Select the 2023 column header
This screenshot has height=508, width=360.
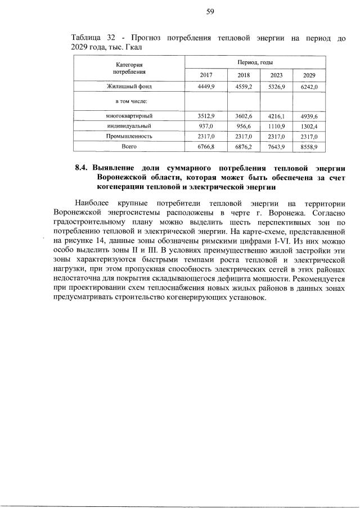(x=276, y=75)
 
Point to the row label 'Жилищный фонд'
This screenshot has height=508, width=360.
(x=129, y=87)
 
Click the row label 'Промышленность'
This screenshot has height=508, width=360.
(x=129, y=136)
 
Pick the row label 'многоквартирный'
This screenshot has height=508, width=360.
(x=129, y=115)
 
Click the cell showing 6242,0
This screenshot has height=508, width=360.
(x=309, y=87)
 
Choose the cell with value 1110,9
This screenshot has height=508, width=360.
(x=276, y=126)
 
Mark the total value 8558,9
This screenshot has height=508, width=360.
(x=309, y=146)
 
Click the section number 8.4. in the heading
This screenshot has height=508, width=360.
(x=83, y=168)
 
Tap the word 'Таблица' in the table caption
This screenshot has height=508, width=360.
(x=86, y=38)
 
